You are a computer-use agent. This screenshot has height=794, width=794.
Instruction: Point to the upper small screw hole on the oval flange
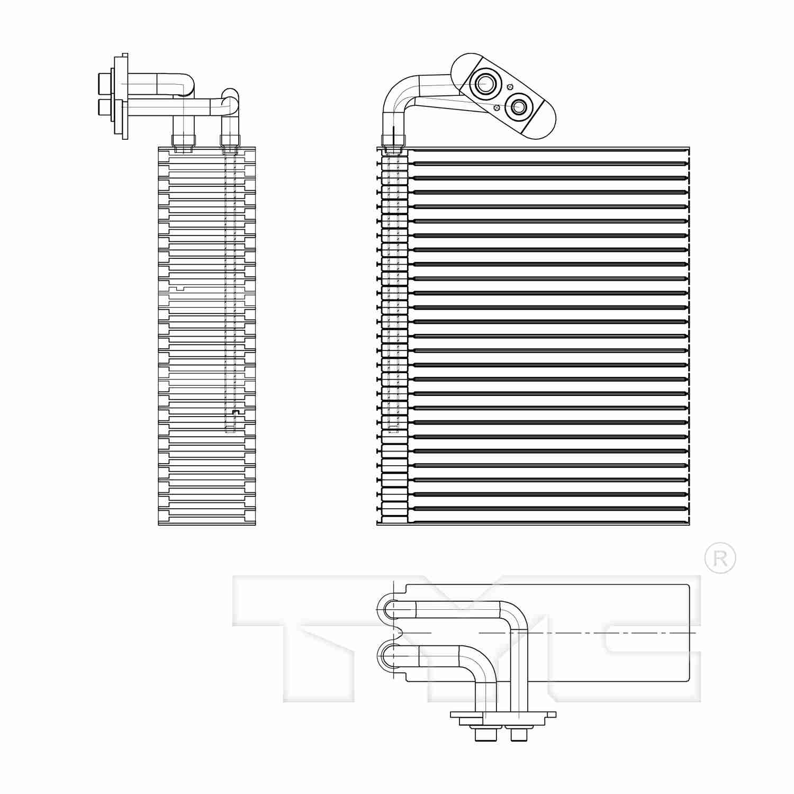click(509, 87)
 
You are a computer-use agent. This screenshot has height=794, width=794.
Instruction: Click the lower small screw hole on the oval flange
click(497, 107)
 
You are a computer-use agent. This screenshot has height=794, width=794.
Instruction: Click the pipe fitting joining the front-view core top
click(393, 140)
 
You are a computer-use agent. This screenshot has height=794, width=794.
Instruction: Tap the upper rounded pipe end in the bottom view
click(385, 609)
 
